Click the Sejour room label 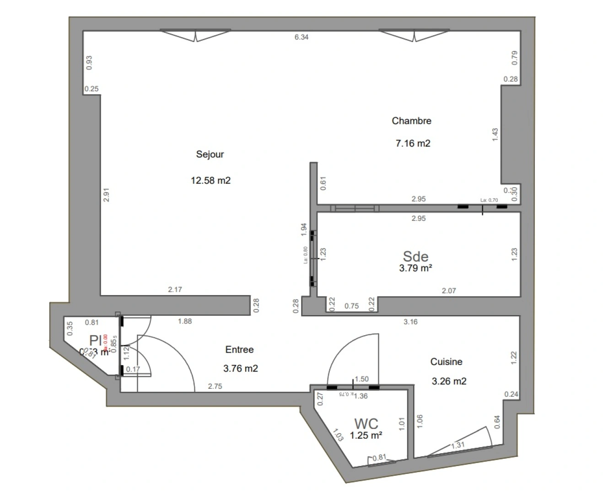[x=210, y=154]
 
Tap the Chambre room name [x=411, y=121]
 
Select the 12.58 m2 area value [x=210, y=180]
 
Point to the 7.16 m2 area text [x=413, y=143]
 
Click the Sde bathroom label [x=415, y=256]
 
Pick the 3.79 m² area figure [x=415, y=268]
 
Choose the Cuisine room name [x=446, y=362]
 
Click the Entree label [x=239, y=349]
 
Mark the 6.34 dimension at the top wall [x=301, y=37]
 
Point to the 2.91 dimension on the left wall [x=106, y=195]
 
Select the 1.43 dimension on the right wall [x=495, y=134]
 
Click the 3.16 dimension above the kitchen [x=410, y=322]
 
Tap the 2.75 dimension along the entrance [x=215, y=387]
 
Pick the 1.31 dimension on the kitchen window [x=458, y=446]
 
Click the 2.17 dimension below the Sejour [x=175, y=290]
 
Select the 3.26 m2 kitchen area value [x=449, y=381]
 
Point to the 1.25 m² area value [x=366, y=435]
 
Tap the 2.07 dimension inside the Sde [x=448, y=290]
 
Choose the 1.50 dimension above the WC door [x=361, y=379]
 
